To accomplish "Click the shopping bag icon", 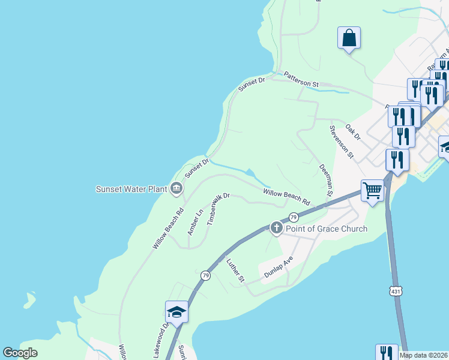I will click(x=349, y=38).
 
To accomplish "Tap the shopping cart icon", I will click(x=373, y=191).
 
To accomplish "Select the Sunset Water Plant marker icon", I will click(x=176, y=189).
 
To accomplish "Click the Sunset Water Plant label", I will click(x=131, y=189).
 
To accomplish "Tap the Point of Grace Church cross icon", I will click(x=276, y=227).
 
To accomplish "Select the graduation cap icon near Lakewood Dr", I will click(x=177, y=311).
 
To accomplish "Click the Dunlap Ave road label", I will click(x=279, y=268).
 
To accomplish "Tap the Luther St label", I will click(x=236, y=270).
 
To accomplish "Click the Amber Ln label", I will click(x=196, y=222).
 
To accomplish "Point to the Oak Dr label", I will click(x=353, y=132).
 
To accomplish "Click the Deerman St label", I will click(x=326, y=180).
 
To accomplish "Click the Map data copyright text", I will click(x=424, y=355).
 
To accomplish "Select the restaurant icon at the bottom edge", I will click(x=387, y=353).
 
